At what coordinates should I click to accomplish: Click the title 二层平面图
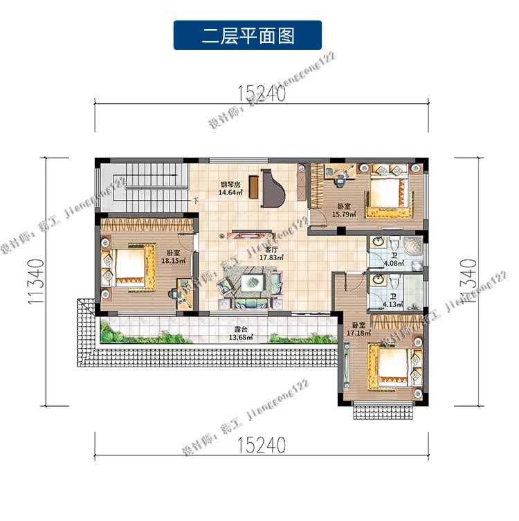pos(247,35)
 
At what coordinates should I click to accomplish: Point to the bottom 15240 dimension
pos(261,444)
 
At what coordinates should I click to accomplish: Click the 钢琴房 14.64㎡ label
pos(230,188)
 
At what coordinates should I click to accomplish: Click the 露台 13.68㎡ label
pos(242,335)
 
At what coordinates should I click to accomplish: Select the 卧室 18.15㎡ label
pos(172,257)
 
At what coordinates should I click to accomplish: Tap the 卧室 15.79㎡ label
pos(343,210)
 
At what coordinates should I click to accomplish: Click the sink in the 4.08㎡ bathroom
pos(378,242)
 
